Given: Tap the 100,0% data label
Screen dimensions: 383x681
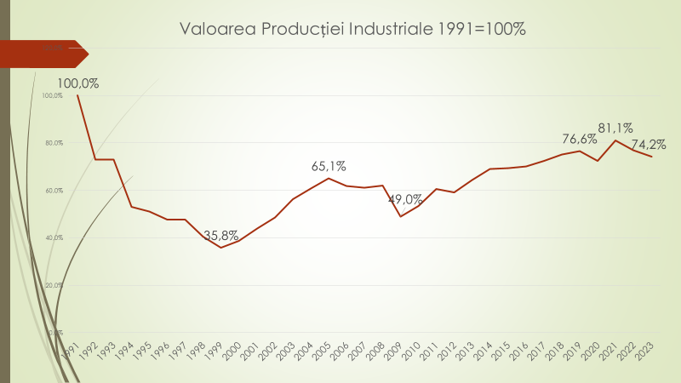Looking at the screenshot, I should pos(78,83).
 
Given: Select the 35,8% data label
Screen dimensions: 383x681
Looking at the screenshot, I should pos(221,236).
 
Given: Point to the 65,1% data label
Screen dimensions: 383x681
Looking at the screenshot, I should pos(329,166).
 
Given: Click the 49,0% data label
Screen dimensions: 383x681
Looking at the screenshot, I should pos(405,200).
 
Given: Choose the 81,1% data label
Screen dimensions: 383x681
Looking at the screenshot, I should pos(615,129).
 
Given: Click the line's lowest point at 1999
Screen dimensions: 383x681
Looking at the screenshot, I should pos(221,247).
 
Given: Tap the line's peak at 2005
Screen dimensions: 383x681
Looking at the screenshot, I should pos(329,178).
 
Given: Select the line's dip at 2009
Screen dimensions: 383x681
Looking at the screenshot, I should pos(401,216).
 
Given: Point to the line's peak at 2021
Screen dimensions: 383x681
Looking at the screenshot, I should pos(615,140).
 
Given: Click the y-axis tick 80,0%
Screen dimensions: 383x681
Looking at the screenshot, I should pos(53,143).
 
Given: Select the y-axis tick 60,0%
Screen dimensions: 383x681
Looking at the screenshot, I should pos(53,191).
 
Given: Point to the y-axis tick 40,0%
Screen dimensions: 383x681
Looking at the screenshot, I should pos(53,237).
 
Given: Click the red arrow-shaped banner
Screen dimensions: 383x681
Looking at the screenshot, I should pos(43,53).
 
